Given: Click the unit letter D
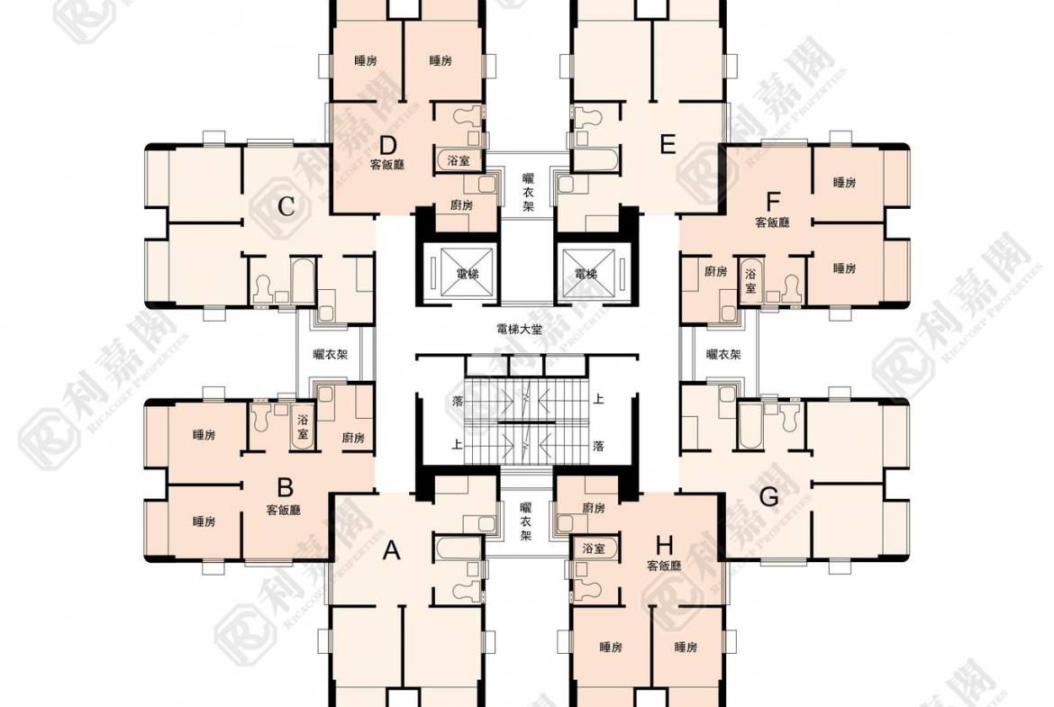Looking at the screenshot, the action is point(388,145).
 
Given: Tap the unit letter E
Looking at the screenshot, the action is point(668,144).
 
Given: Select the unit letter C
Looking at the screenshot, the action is point(286,205).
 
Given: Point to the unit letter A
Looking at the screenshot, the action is point(391,550).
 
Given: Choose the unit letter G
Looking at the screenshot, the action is point(768,497).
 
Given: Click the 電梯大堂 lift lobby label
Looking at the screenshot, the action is point(520,330).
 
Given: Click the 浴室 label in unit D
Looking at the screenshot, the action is point(459,160).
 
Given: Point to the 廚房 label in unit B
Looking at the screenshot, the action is point(353,438).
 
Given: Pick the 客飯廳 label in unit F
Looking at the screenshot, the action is point(772,222).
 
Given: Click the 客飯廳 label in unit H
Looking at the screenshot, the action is point(664,566).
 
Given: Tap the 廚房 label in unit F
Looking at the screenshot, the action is point(716,271).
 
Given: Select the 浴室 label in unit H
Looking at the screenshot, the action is point(594,548).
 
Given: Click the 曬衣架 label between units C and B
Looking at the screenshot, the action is point(331,354).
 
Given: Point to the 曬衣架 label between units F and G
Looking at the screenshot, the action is point(723,354).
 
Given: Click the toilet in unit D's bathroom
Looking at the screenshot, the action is point(468,115).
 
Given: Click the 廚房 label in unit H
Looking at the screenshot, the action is point(594,508).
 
